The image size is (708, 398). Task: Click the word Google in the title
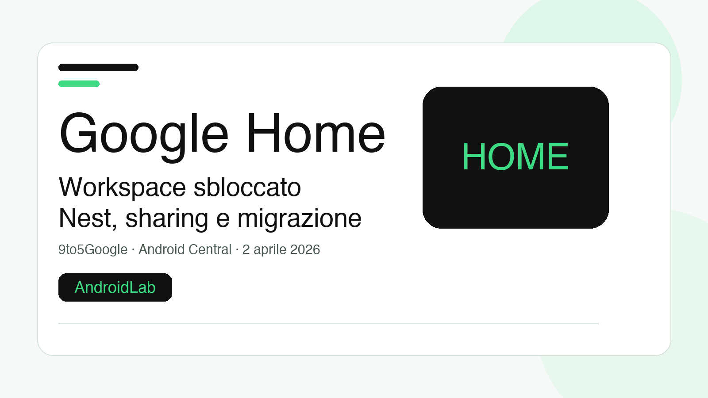tap(144, 134)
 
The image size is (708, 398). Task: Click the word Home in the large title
tap(316, 134)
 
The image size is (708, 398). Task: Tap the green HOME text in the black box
tap(516, 157)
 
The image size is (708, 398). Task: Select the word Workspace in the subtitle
tap(122, 188)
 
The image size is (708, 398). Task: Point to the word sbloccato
tap(247, 188)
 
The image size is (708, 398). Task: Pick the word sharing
tap(167, 218)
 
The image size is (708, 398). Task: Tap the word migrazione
tap(299, 218)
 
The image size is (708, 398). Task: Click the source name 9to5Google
tap(93, 250)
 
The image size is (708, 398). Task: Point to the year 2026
tap(305, 250)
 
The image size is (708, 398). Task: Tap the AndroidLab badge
tap(115, 287)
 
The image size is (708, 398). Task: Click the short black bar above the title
tap(98, 68)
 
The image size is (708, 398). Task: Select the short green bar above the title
tap(79, 84)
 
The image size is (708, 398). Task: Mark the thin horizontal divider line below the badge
tap(328, 323)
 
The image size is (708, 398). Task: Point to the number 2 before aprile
tap(246, 250)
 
